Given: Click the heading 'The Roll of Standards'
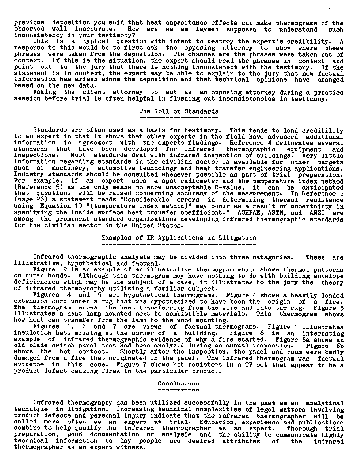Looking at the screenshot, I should [179, 111].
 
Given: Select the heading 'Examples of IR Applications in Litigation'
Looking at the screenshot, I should [179, 238].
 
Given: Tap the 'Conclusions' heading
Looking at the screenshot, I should [179, 384].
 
